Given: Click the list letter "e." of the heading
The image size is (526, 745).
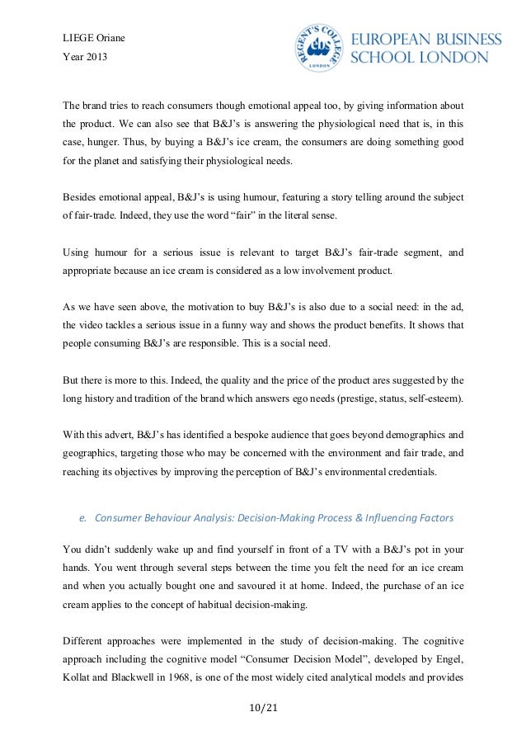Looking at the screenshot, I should [x=83, y=519].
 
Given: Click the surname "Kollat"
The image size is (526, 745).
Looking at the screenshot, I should [x=80, y=686].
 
